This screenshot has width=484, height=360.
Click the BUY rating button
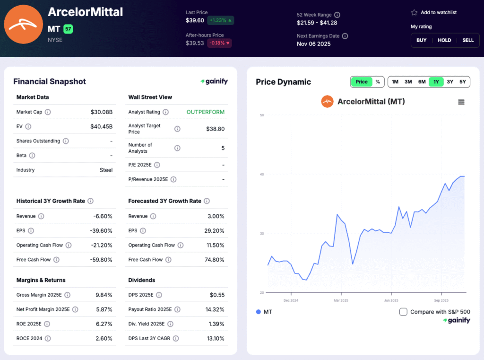pos(421,40)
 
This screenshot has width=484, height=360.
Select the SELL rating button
pos(468,40)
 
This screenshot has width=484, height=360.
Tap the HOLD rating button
pos(444,40)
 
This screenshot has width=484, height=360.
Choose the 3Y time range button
pos(450,82)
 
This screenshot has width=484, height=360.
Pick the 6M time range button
pos(422,82)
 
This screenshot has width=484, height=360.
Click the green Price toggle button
pos(362,82)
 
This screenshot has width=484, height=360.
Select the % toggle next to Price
pos(378,82)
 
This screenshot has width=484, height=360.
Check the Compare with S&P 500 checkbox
pos(403,312)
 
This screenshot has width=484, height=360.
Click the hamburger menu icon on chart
pos(461,102)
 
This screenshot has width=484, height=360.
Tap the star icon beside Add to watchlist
pos(414,13)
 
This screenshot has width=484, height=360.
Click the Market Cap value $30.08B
pos(102,112)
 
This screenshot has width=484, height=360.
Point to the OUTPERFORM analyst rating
pos(206,112)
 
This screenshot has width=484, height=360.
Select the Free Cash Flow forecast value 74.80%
pos(215,260)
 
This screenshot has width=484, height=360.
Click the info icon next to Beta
pos(32,156)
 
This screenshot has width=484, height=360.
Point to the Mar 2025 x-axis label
pos(340,300)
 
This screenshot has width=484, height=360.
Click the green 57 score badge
pos(68,29)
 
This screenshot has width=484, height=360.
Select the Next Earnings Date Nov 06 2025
pos(313,44)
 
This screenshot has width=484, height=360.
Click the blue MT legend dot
pos(258,312)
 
